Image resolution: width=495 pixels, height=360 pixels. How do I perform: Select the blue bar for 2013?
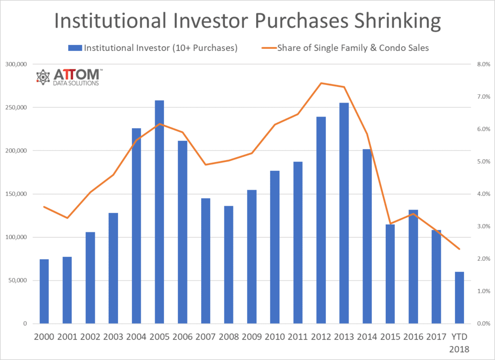tap(344, 213)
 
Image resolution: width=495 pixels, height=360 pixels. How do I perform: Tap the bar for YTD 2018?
tap(459, 298)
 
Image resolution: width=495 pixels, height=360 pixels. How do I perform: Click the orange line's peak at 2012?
tap(321, 83)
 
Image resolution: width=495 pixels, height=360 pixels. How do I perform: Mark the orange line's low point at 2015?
tap(390, 224)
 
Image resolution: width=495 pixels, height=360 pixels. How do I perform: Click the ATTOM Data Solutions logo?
tap(68, 77)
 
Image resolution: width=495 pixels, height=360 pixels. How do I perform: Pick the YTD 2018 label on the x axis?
tap(459, 341)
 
